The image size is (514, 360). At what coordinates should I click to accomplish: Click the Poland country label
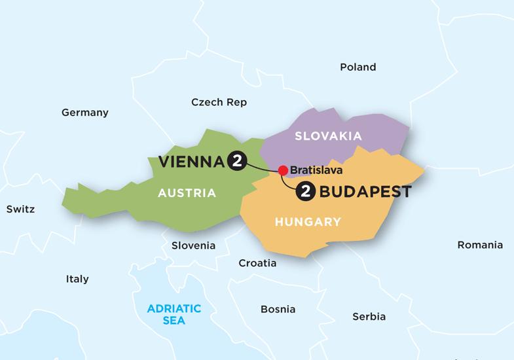[358, 67]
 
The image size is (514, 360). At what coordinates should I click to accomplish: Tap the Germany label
[84, 113]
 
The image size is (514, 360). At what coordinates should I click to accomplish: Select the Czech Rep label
[219, 102]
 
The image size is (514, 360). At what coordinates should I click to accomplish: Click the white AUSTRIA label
[187, 193]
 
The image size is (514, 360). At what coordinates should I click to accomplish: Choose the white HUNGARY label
[308, 222]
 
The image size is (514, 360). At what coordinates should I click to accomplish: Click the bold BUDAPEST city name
[365, 192]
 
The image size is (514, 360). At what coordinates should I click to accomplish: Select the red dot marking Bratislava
[283, 171]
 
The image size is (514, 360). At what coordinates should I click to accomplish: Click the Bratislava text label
[316, 171]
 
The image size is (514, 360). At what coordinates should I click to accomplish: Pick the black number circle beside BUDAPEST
[304, 192]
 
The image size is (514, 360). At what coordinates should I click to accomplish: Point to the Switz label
[20, 209]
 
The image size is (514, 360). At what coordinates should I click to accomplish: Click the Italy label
[77, 279]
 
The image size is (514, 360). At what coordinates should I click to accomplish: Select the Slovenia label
[193, 245]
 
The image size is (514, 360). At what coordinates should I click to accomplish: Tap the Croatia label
[257, 263]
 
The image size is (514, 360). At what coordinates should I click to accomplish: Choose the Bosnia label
[278, 309]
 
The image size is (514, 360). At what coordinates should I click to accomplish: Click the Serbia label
[369, 316]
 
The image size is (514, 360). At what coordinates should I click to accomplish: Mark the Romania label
[480, 245]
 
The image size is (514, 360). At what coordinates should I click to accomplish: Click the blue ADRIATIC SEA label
[174, 314]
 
